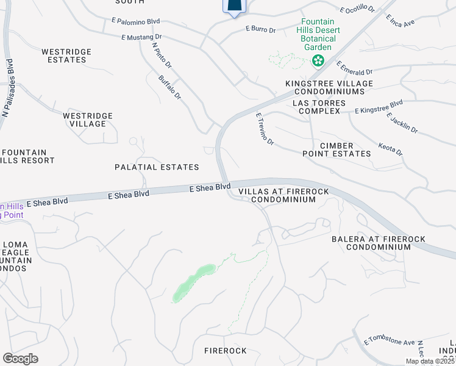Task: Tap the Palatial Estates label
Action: (157, 167)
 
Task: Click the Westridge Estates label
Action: (66, 56)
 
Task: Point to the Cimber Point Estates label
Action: (337, 149)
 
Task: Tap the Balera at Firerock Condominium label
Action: (378, 243)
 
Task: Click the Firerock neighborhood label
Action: (226, 351)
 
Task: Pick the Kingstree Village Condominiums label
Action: (329, 87)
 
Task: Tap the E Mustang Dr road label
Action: (141, 37)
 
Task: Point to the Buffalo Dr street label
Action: (169, 87)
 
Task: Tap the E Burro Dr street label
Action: (261, 28)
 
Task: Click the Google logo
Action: (20, 359)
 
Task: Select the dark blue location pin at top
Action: (235, 6)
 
